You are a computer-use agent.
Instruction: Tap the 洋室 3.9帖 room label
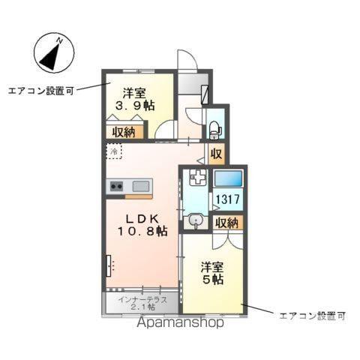coord(139,100)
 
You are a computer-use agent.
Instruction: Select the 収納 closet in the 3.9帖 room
coord(124,132)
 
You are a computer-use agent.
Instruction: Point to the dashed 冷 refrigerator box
coord(112,151)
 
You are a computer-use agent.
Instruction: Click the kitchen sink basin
coord(141,185)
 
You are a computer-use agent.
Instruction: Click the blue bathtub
coord(228,179)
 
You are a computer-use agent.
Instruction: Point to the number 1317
coord(227,200)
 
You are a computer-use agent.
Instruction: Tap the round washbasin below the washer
coord(196,220)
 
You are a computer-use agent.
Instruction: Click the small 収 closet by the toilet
coord(215,154)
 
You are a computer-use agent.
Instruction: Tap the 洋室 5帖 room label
coord(212,273)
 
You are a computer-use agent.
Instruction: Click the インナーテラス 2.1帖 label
coord(140,303)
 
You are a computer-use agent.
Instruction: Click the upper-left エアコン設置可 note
coord(40,91)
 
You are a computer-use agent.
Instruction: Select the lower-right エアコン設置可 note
coord(311,315)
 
